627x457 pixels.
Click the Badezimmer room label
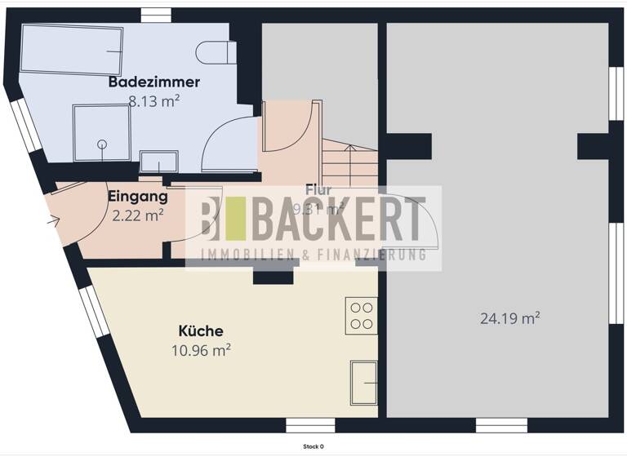pos(154,82)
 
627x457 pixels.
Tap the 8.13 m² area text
pos(154,101)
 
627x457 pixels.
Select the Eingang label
pos(138,196)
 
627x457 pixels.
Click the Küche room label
pos(201,331)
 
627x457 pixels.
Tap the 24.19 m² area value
pos(510,318)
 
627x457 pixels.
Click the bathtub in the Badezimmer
pos(71,48)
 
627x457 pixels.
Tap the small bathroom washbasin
pos(158,160)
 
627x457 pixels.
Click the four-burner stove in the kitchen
pos(361,315)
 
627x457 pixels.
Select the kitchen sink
pos(364,382)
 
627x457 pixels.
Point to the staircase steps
pos(349,163)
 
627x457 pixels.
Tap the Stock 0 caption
pos(313,446)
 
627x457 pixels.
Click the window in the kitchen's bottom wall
pos(310,425)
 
